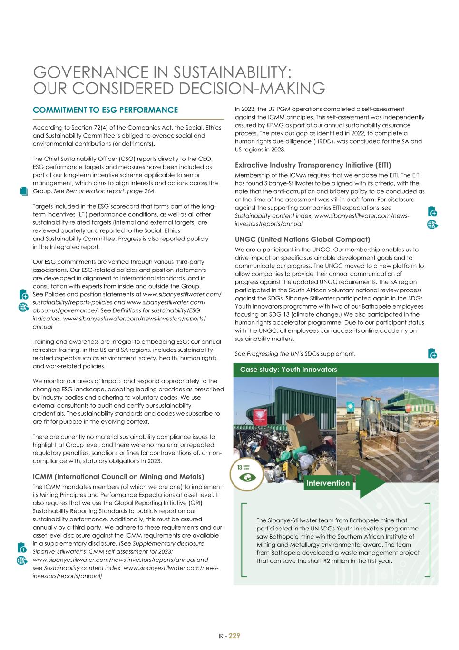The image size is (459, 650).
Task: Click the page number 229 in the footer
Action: (234, 635)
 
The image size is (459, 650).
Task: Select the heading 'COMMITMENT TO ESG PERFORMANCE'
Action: (105, 110)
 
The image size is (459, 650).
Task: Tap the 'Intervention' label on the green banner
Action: (328, 483)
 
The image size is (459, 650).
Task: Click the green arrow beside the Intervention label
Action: (371, 483)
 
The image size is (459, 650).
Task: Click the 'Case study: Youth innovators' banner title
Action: (288, 370)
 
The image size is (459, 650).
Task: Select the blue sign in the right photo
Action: (351, 406)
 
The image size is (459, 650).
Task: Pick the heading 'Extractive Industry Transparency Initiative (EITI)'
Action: (313, 165)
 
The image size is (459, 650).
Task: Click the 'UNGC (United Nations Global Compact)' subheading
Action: (303, 239)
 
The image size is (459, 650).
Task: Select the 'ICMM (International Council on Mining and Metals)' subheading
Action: (118, 477)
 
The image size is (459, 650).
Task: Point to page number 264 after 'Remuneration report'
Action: (149, 191)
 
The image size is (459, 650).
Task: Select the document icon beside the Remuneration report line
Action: (25, 190)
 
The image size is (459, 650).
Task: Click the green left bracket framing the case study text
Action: (244, 540)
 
